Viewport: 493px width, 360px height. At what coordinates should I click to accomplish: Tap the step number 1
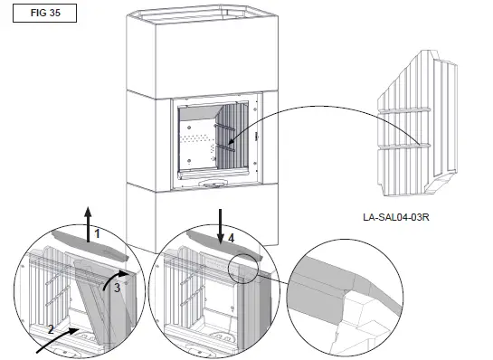click(x=98, y=233)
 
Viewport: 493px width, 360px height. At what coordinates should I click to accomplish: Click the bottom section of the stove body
click(x=208, y=217)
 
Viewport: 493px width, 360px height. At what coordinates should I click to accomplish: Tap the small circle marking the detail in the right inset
click(x=246, y=270)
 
